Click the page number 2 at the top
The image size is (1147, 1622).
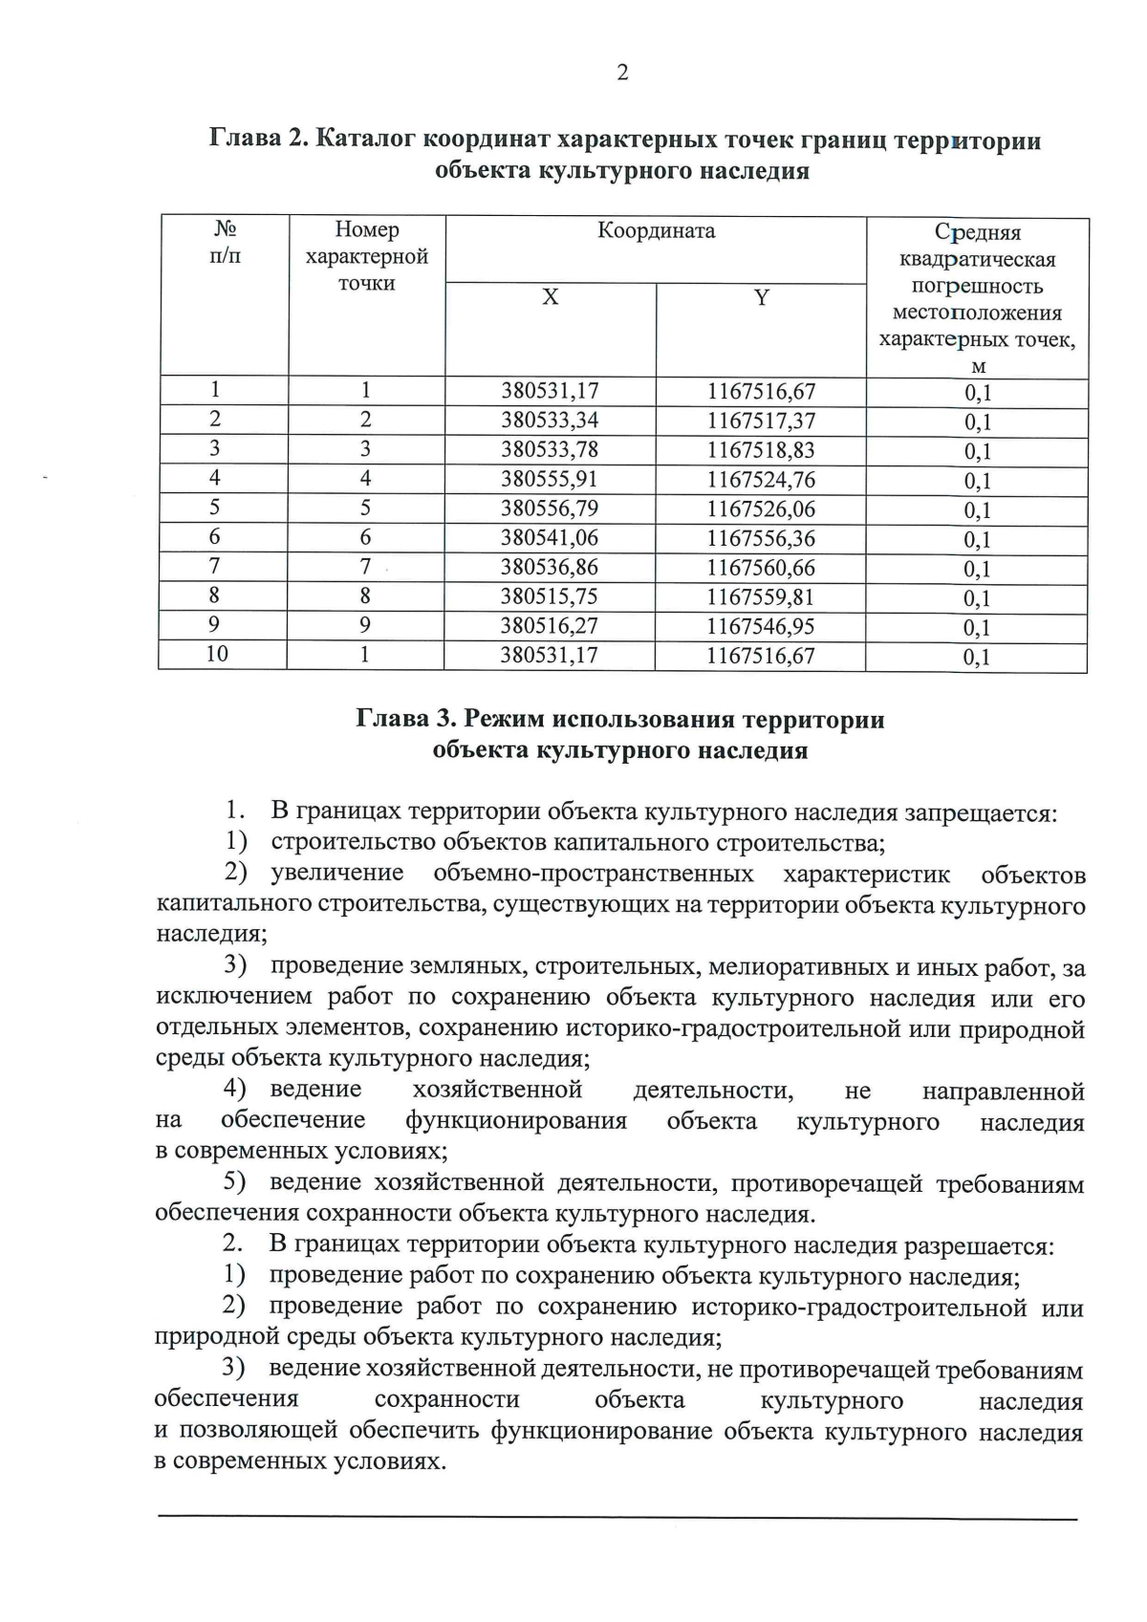(x=622, y=73)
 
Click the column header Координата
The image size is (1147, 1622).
(x=656, y=230)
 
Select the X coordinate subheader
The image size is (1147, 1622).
(x=550, y=297)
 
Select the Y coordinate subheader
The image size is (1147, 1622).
(x=761, y=297)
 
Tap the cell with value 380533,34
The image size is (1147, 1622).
(x=550, y=420)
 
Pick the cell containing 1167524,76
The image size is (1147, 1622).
(x=761, y=479)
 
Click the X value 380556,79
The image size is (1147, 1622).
(x=550, y=508)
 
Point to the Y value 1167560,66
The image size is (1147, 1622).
(x=761, y=568)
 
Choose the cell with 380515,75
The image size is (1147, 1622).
(x=550, y=597)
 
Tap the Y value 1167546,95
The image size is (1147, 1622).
(x=761, y=626)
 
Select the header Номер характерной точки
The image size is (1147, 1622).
(x=367, y=256)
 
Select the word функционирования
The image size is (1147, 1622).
(x=516, y=1121)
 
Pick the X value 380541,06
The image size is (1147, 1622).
(x=550, y=538)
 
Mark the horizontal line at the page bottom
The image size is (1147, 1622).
(x=617, y=1518)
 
